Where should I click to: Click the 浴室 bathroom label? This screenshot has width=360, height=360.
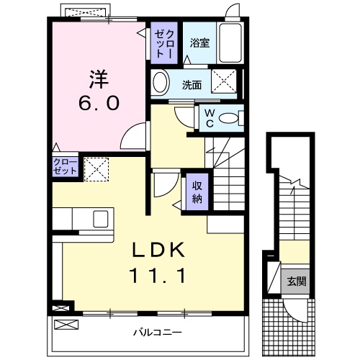pos(199,43)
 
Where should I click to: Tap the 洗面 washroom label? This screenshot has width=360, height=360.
pos(192,85)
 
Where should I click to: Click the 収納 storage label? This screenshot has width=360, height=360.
pos(197,189)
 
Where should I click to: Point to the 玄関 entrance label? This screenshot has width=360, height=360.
pos(297,281)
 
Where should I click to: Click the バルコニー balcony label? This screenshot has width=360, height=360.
pos(156,333)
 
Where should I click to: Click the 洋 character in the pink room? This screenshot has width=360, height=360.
pos(98,76)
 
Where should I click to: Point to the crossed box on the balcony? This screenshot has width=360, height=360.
pos(64,325)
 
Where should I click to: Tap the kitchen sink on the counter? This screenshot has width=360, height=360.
pos(99,217)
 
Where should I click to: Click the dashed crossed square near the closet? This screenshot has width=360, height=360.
pos(95,168)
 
